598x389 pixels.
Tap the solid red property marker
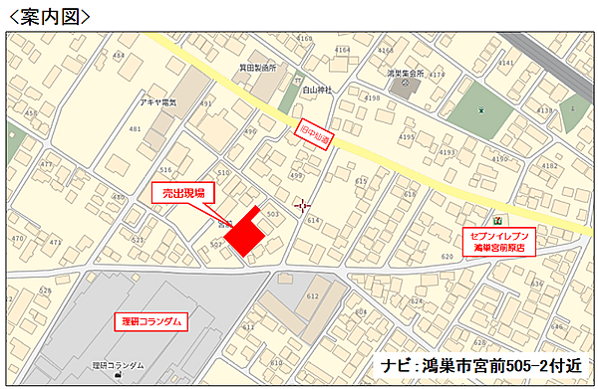click(x=243, y=235)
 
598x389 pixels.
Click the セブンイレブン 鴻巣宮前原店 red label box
click(x=497, y=242)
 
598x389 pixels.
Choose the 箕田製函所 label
click(x=257, y=69)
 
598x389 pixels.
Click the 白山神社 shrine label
click(x=317, y=90)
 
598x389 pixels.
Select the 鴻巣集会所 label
click(x=406, y=74)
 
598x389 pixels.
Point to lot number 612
click(x=311, y=295)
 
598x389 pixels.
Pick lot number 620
click(x=446, y=256)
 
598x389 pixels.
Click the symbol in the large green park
click(x=480, y=108)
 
